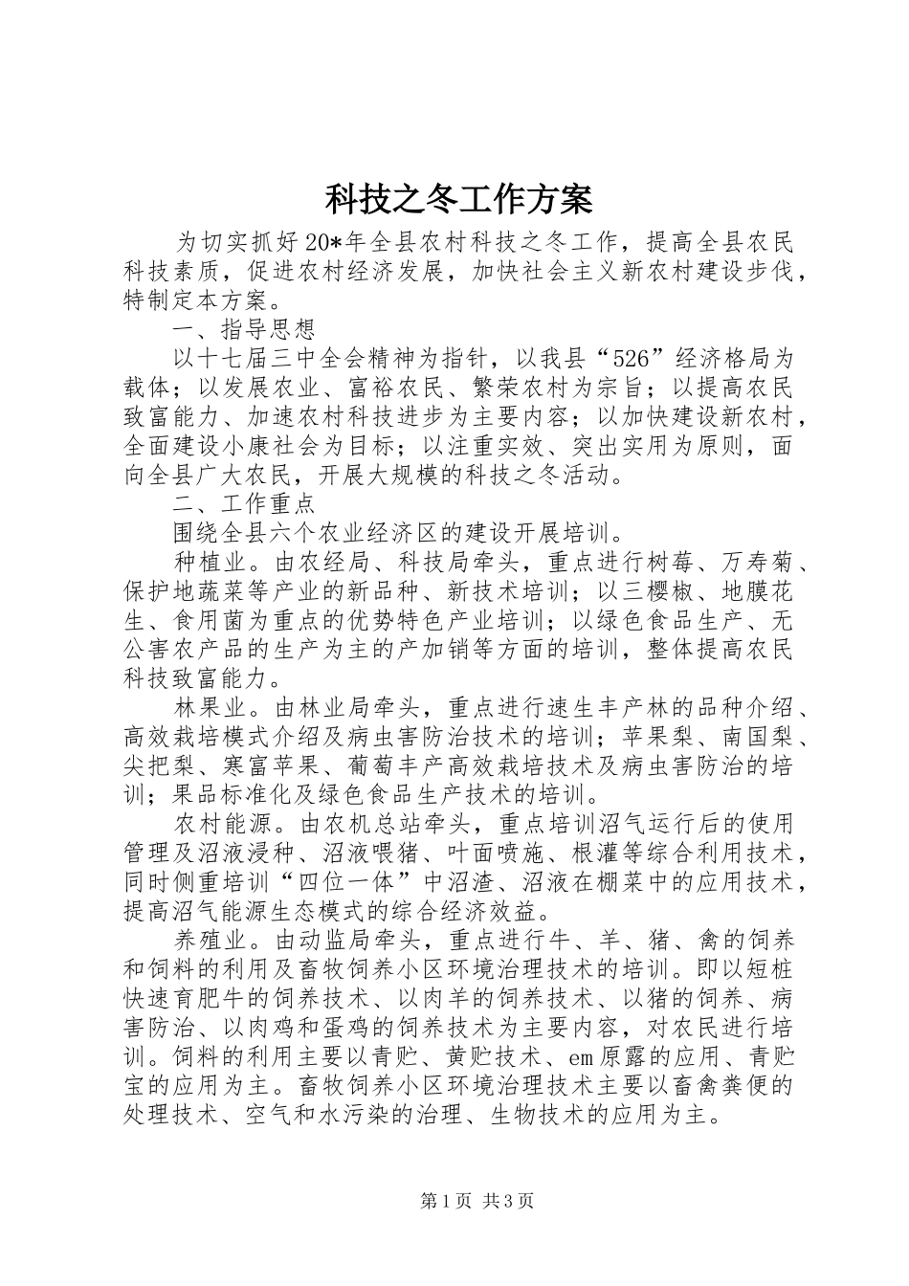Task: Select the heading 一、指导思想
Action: [x=244, y=330]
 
